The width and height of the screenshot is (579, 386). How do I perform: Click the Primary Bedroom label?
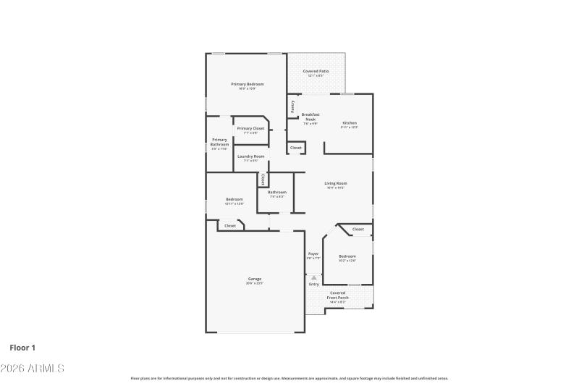248,85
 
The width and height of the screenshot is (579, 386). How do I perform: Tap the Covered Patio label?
316,72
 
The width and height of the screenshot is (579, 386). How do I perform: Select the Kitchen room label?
350,123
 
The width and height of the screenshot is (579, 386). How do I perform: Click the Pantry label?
292,106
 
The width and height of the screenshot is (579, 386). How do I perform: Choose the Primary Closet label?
250,128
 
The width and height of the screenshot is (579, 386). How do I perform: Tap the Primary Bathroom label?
219,142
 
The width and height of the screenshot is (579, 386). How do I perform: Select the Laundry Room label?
250,156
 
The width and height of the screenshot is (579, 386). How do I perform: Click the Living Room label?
335,183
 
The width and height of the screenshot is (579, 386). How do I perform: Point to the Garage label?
255,279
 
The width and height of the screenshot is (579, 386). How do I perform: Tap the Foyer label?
313,253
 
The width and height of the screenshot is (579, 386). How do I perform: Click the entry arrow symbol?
313,277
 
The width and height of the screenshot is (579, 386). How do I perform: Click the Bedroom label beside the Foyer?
347,256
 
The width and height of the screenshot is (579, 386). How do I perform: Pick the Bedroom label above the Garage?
234,199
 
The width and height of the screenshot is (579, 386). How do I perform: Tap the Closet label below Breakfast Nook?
295,148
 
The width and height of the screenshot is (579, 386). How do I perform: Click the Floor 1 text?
22,348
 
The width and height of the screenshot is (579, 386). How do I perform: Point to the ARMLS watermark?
33,369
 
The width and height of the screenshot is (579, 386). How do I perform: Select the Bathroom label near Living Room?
277,192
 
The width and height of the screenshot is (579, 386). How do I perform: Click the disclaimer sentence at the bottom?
289,378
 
